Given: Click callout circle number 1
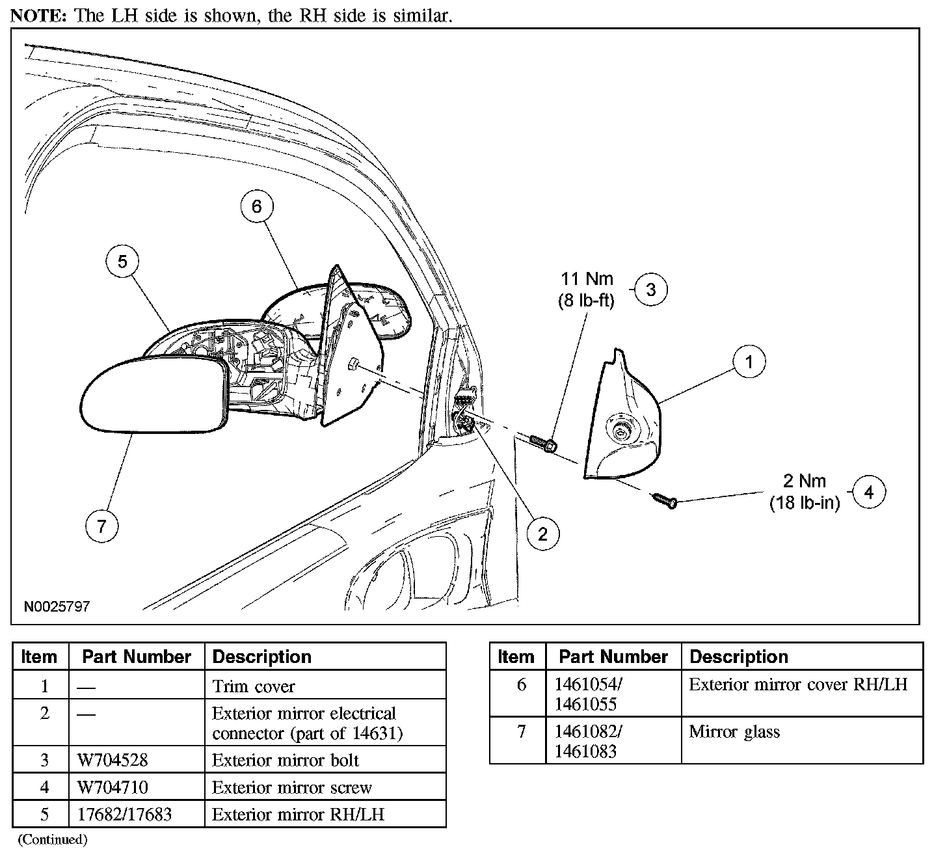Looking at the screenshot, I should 749,362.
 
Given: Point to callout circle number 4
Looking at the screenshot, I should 869,493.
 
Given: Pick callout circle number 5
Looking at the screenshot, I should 122,262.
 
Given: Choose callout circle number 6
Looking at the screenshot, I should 256,206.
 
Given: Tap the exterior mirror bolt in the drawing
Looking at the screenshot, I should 542,444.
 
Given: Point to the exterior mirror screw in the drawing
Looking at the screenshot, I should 663,500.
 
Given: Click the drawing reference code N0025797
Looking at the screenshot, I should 57,606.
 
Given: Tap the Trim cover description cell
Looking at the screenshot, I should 254,686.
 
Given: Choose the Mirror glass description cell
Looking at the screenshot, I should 734,732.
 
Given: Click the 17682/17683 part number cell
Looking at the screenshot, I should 124,814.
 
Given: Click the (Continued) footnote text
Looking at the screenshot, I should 52,839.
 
